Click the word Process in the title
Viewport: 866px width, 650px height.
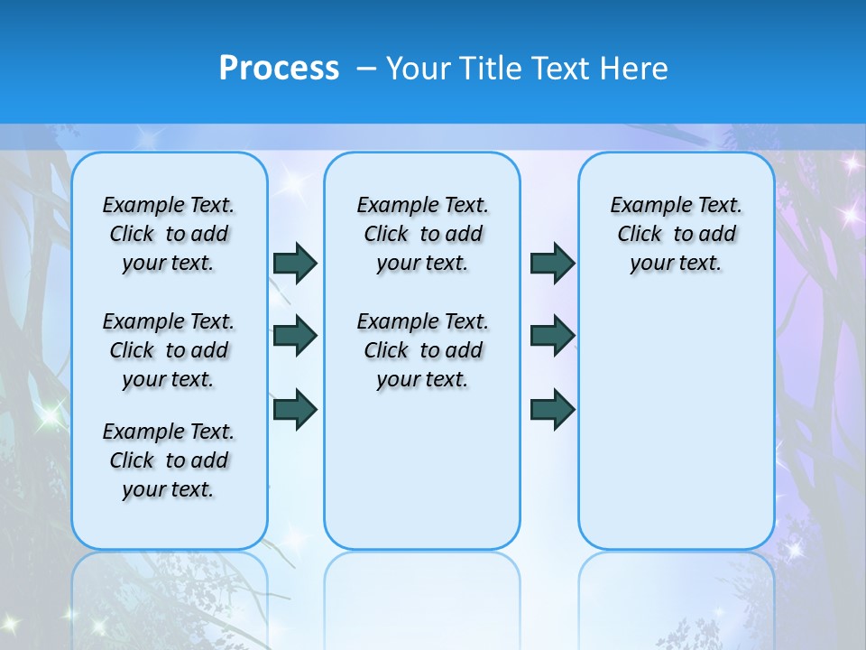[x=279, y=69]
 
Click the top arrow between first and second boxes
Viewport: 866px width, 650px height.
[x=295, y=263]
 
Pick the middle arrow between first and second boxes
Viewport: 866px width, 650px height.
[x=295, y=336]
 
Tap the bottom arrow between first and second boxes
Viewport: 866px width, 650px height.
[x=295, y=408]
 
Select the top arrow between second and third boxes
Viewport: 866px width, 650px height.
[x=552, y=263]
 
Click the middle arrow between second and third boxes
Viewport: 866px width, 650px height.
[x=552, y=336]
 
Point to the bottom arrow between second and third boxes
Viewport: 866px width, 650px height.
[x=552, y=408]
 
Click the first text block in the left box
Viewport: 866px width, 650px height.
[x=169, y=234]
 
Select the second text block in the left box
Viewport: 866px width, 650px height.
[x=169, y=350]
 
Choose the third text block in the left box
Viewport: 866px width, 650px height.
[x=169, y=460]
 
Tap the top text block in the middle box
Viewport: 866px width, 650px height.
[x=422, y=234]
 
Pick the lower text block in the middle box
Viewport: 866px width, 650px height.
[x=422, y=350]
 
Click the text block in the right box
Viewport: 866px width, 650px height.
[x=676, y=234]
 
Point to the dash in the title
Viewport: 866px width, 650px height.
[x=366, y=69]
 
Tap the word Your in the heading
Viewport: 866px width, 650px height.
[x=419, y=69]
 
